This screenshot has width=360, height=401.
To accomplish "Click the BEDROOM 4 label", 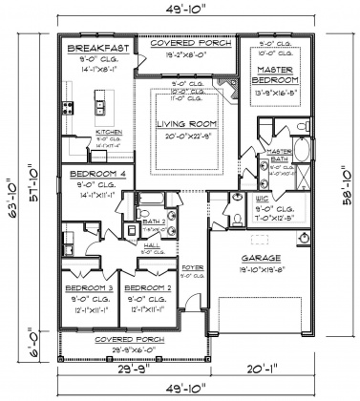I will tap(93, 174).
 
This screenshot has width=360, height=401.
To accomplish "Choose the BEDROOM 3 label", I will tap(88, 287).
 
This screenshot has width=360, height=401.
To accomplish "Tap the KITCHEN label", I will tap(107, 135).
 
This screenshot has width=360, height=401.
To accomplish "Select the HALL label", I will tap(153, 243).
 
